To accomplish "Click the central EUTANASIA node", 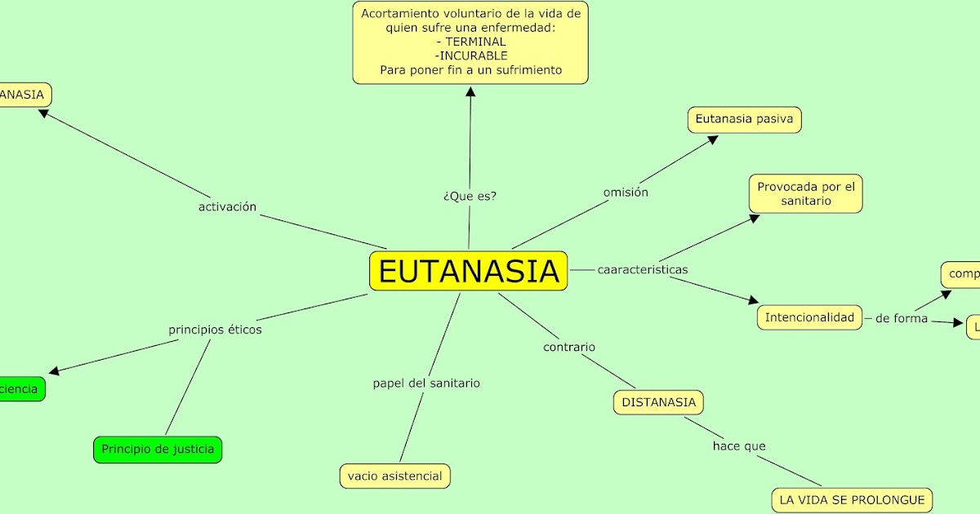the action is click(468, 271).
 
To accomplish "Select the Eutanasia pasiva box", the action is click(744, 119).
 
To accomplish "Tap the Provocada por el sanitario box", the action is click(805, 193).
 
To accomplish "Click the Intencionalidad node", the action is click(809, 317).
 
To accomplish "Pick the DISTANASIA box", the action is click(658, 402).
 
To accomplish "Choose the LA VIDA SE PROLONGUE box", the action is click(852, 499).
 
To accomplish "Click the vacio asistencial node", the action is click(394, 476).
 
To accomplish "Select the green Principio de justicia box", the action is click(158, 449).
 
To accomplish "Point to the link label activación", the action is click(227, 207).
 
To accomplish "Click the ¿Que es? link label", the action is click(470, 196).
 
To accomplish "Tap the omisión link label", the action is click(626, 193).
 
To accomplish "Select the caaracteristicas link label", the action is click(643, 269).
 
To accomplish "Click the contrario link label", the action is click(569, 347).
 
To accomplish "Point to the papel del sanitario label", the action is click(426, 383).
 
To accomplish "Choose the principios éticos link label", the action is click(215, 330).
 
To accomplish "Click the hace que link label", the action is click(739, 446).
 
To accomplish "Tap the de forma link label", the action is click(902, 318).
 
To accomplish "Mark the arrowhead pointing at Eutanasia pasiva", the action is click(713, 140).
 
